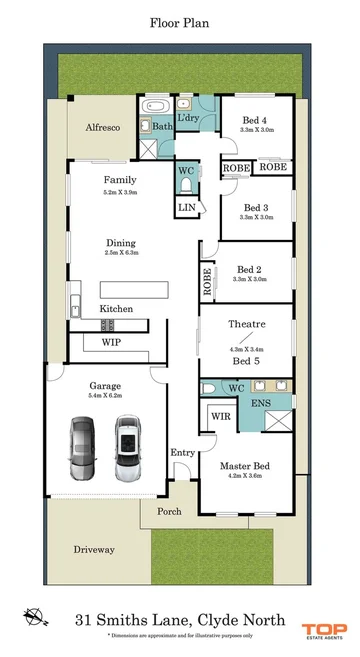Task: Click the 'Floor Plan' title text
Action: (180, 21)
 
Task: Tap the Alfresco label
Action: (103, 127)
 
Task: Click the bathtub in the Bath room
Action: (158, 107)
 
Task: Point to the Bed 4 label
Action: (257, 120)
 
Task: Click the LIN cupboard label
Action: (187, 207)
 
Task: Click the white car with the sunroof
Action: (127, 446)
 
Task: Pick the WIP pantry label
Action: (111, 342)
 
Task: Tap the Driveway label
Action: (94, 550)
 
